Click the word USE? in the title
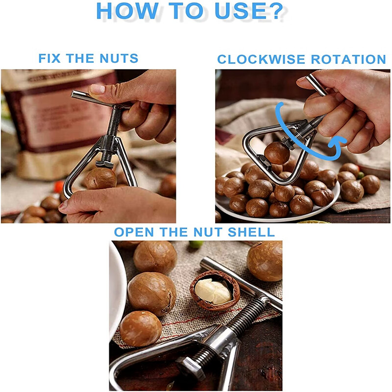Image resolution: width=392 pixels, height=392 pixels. (249, 11)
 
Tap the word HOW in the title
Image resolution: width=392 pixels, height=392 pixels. (127, 11)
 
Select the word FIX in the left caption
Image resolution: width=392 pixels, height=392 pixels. (49, 58)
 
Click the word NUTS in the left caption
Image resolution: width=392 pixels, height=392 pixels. (119, 58)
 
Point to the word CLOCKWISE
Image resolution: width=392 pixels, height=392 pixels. (261, 59)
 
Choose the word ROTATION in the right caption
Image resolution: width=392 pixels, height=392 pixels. (348, 59)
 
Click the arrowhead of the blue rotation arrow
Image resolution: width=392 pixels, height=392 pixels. (336, 143)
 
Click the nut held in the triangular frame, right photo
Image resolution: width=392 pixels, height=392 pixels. (277, 153)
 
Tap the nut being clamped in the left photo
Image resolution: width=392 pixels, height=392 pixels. (101, 178)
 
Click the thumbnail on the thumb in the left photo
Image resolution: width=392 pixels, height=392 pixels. (97, 89)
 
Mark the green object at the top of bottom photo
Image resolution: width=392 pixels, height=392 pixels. (196, 244)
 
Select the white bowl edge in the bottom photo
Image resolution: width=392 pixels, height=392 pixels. (118, 288)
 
